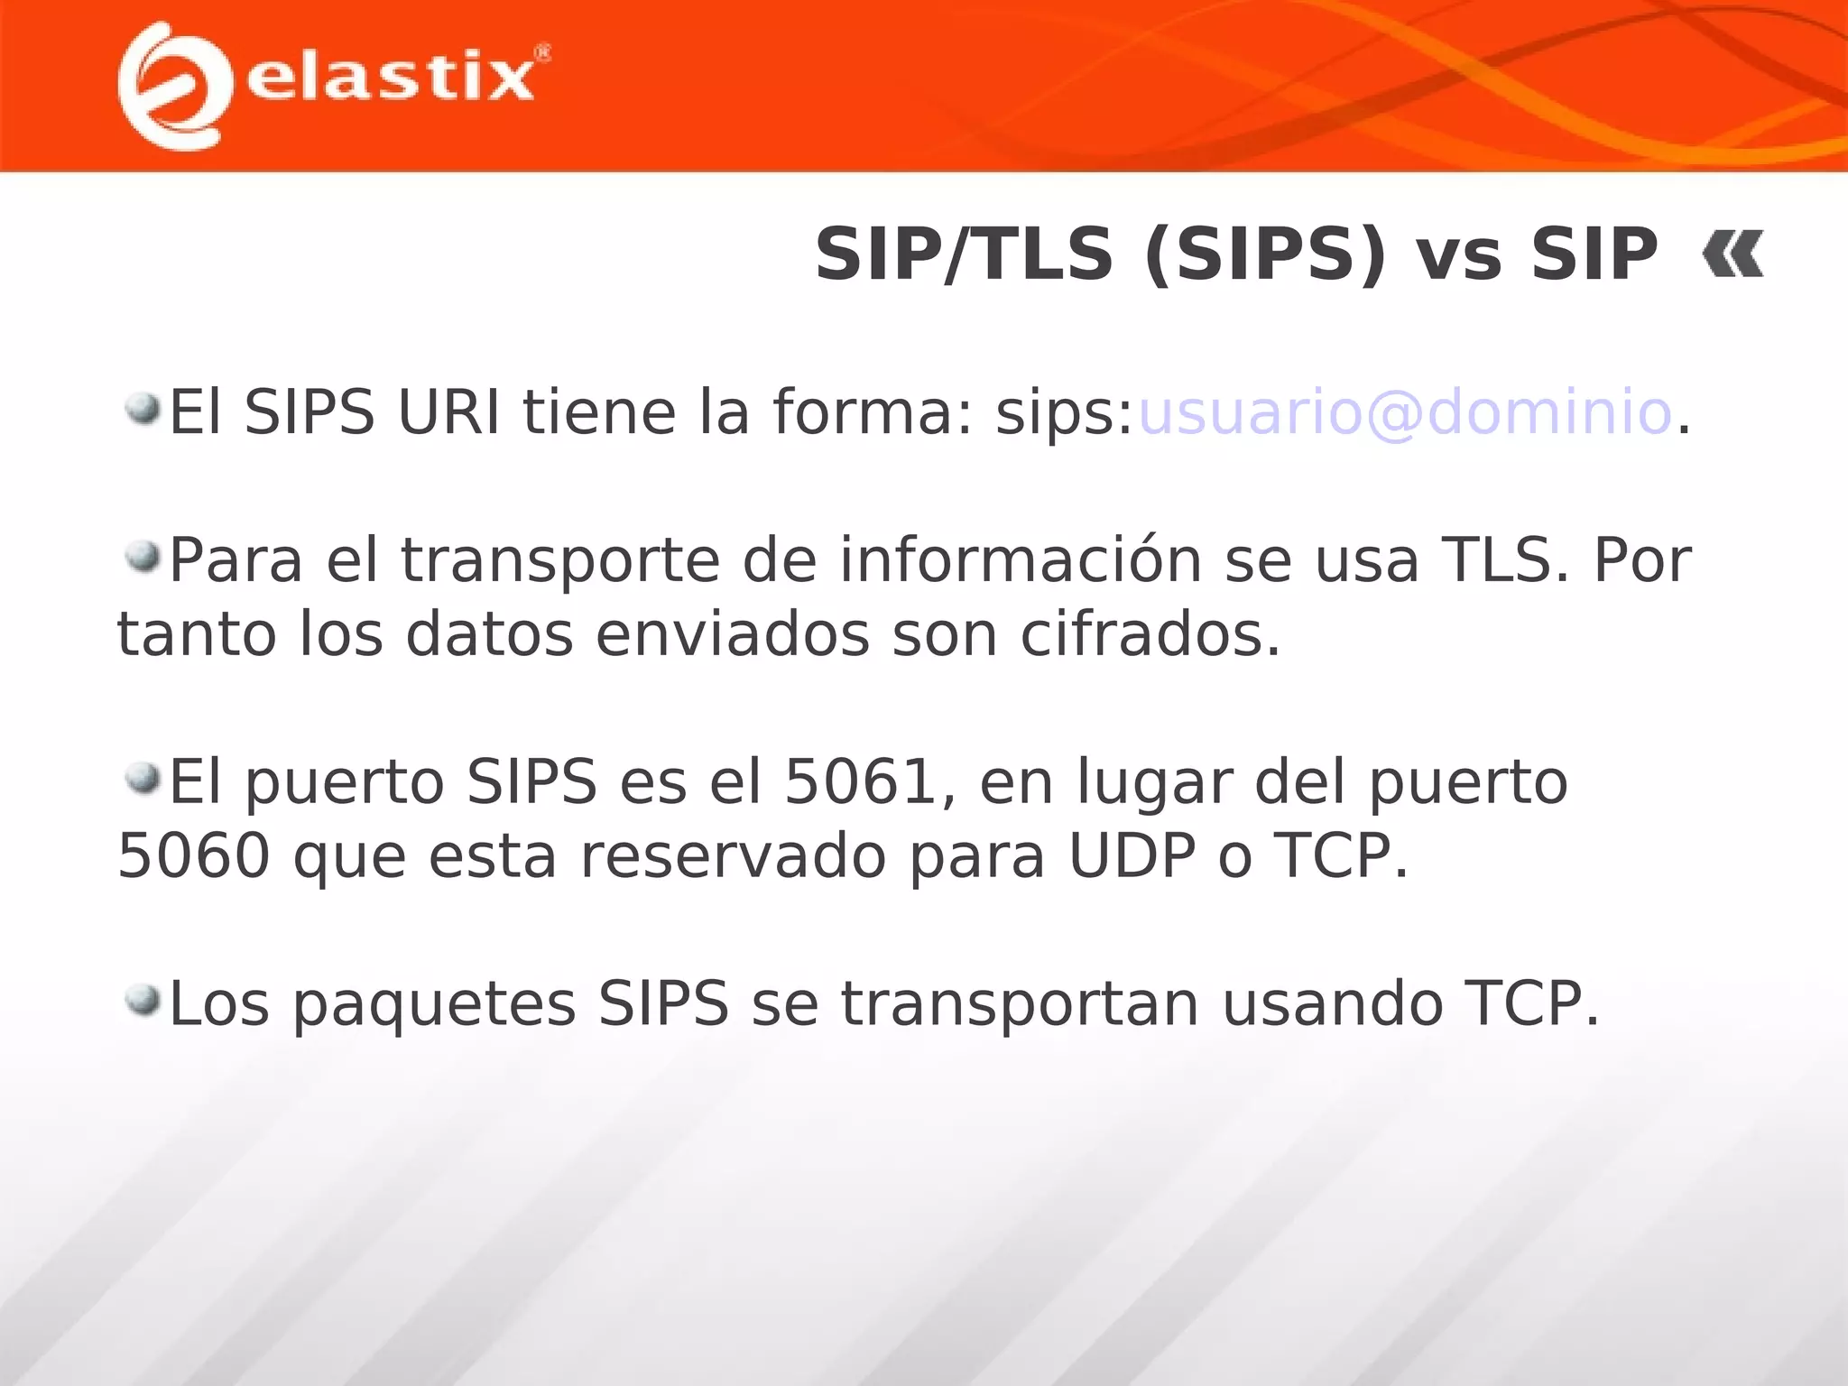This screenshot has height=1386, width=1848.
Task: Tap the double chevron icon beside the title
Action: tap(1732, 254)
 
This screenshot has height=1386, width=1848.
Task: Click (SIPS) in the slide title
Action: tap(1264, 254)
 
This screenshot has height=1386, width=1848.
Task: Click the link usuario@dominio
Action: tap(1405, 412)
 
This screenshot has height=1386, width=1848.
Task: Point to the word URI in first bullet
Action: tap(448, 412)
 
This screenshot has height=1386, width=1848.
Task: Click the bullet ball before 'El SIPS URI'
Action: tap(143, 408)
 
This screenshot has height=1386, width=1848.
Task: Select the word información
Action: tap(1021, 560)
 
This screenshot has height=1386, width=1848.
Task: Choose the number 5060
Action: tap(194, 855)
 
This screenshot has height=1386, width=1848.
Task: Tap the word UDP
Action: tap(1132, 855)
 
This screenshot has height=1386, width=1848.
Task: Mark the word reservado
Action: tap(733, 855)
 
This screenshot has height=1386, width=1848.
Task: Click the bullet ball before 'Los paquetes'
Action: tap(143, 999)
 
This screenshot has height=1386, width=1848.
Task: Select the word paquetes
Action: tap(434, 1005)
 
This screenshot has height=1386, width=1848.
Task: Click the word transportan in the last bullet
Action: tap(1020, 1005)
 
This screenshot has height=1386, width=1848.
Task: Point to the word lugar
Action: tap(1154, 783)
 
